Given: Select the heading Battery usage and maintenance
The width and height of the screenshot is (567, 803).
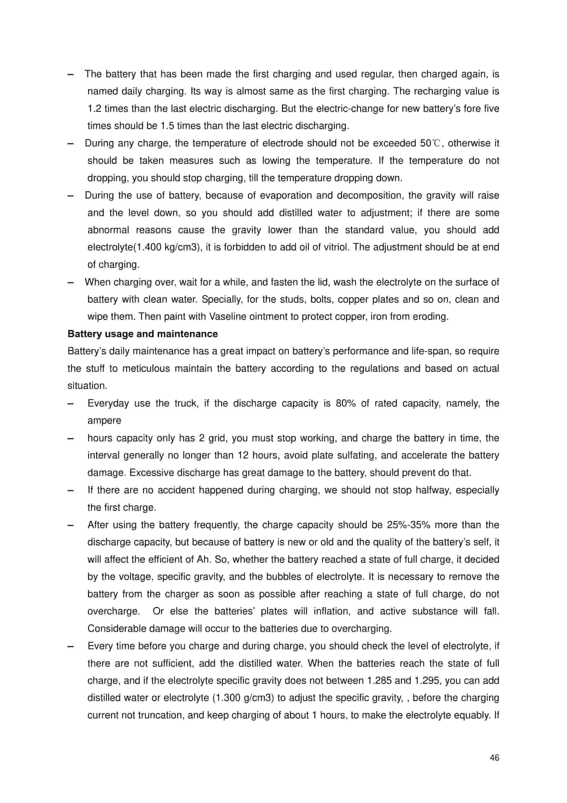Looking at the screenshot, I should (x=143, y=334).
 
